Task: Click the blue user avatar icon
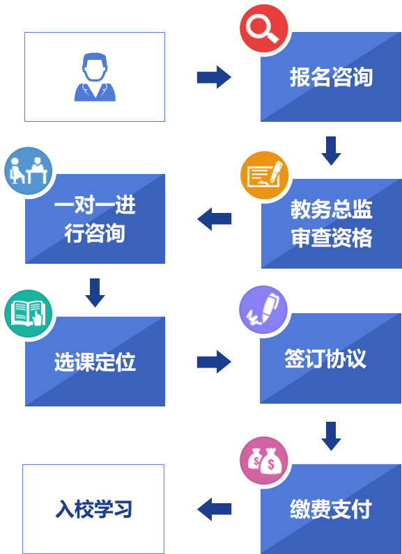point(95,77)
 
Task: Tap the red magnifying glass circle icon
point(264,29)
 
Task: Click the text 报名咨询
point(332,77)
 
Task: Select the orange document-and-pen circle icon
point(265,175)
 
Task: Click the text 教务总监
point(332,209)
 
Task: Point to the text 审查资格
point(332,237)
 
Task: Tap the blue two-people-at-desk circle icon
point(29,171)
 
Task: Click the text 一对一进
point(95,205)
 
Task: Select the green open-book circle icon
point(29,314)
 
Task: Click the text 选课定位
point(95,361)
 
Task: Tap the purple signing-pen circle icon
point(263,310)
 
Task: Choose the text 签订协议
point(325,358)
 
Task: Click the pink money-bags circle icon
point(264,461)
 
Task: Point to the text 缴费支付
point(331,509)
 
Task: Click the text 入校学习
point(93,509)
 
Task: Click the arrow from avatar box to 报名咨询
point(214,77)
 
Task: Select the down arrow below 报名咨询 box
point(332,151)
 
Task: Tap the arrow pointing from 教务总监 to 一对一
point(215,219)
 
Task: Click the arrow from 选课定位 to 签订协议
point(214,361)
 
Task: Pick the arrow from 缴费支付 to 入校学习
point(215,509)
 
